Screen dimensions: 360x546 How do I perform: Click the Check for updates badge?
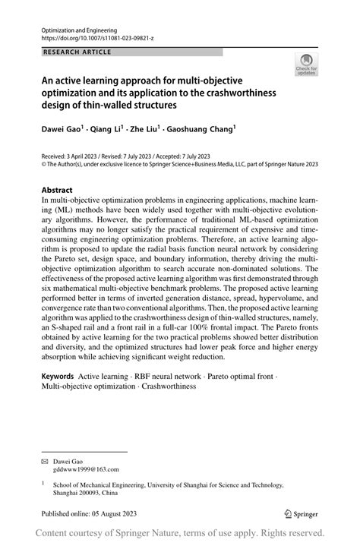pos(307,65)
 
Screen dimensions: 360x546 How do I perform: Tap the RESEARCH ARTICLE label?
pos(77,52)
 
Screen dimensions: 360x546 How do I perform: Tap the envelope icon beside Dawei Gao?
pos(45,461)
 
